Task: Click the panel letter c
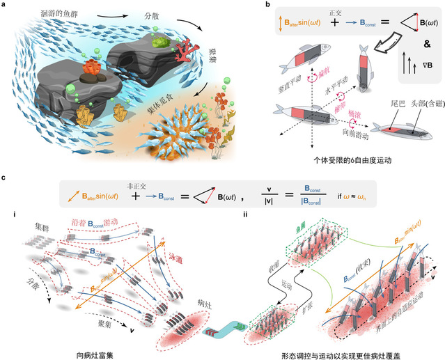(x=6, y=178)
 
